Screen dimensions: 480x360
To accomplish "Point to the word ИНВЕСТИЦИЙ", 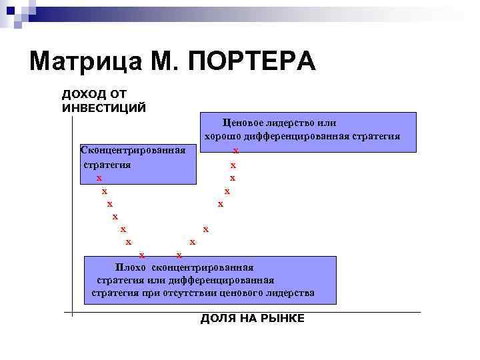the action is click(103, 107).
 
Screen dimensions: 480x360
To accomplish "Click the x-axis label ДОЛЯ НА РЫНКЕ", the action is click(252, 319).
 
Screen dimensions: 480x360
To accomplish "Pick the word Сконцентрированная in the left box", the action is click(133, 148).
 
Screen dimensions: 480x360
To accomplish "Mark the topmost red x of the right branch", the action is click(235, 151).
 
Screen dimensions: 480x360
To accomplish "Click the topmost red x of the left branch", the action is click(99, 178).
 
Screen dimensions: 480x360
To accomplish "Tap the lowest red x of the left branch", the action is click(141, 255).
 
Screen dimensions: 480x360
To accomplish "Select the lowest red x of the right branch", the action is click(178, 255).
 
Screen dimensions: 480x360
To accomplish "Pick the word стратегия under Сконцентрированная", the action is click(107, 164).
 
